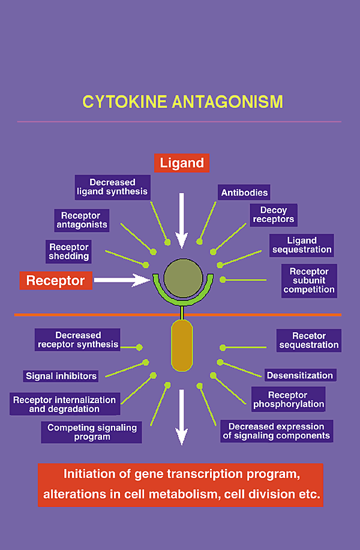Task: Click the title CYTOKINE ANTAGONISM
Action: click(182, 101)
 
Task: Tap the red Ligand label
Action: click(181, 163)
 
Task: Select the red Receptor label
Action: click(55, 280)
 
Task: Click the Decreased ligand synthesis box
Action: click(112, 187)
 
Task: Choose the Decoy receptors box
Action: click(273, 215)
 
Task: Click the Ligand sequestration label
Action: click(301, 245)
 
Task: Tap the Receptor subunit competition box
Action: click(309, 281)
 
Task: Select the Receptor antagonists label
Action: click(82, 220)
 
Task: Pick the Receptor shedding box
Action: click(69, 251)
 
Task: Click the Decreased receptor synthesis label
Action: click(78, 340)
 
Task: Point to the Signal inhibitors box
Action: click(61, 376)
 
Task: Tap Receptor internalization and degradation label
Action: click(64, 404)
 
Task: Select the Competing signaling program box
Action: click(92, 432)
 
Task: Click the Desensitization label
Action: click(299, 375)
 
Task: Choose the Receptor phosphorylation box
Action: click(288, 399)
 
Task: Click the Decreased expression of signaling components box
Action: click(276, 431)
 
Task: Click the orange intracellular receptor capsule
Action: click(182, 345)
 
